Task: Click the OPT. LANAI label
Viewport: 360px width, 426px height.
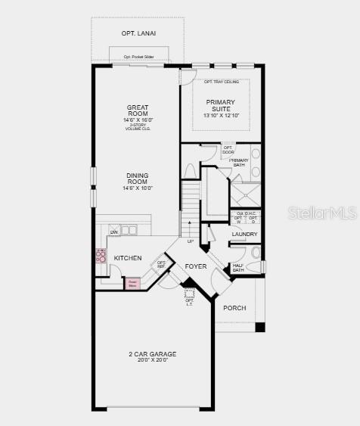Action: click(138, 33)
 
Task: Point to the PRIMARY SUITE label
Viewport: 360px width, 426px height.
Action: click(220, 105)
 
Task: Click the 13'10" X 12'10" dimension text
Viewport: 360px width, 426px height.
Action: click(221, 116)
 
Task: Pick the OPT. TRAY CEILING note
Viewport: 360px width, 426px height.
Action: click(221, 82)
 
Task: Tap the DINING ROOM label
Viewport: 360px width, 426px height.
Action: click(138, 178)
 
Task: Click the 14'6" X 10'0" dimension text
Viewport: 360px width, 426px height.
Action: click(138, 188)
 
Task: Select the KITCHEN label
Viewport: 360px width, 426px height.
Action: click(127, 258)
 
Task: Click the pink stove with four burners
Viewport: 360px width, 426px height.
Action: click(100, 256)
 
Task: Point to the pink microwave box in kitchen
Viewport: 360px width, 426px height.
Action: click(133, 283)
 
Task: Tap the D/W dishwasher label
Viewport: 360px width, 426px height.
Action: click(114, 232)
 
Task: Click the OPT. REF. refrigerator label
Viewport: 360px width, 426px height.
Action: click(161, 264)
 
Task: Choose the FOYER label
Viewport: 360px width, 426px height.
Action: click(196, 266)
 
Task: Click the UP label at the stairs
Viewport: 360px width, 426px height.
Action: click(190, 241)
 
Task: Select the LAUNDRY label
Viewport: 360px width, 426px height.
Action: click(244, 235)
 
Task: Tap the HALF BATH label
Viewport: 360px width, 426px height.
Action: click(238, 268)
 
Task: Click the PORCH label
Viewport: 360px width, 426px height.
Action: click(234, 308)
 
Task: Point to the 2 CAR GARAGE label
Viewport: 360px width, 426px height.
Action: click(152, 353)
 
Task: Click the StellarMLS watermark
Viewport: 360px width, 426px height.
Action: click(322, 213)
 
